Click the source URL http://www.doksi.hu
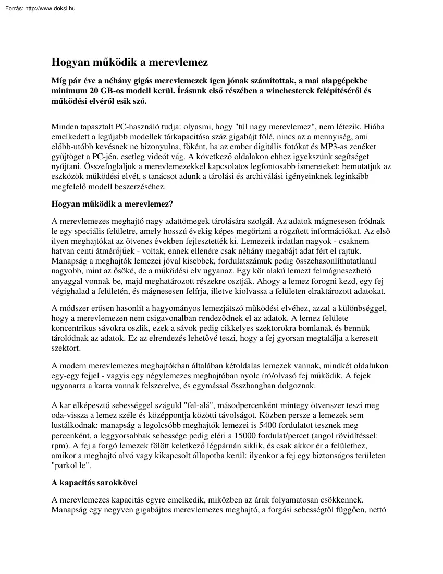(51, 8)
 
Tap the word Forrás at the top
(13, 8)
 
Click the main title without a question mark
(129, 63)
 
